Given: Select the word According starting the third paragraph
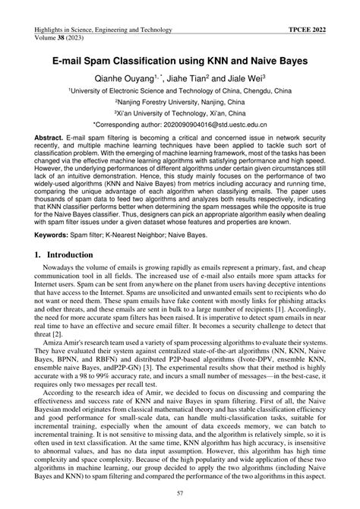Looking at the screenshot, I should point(62,416).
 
